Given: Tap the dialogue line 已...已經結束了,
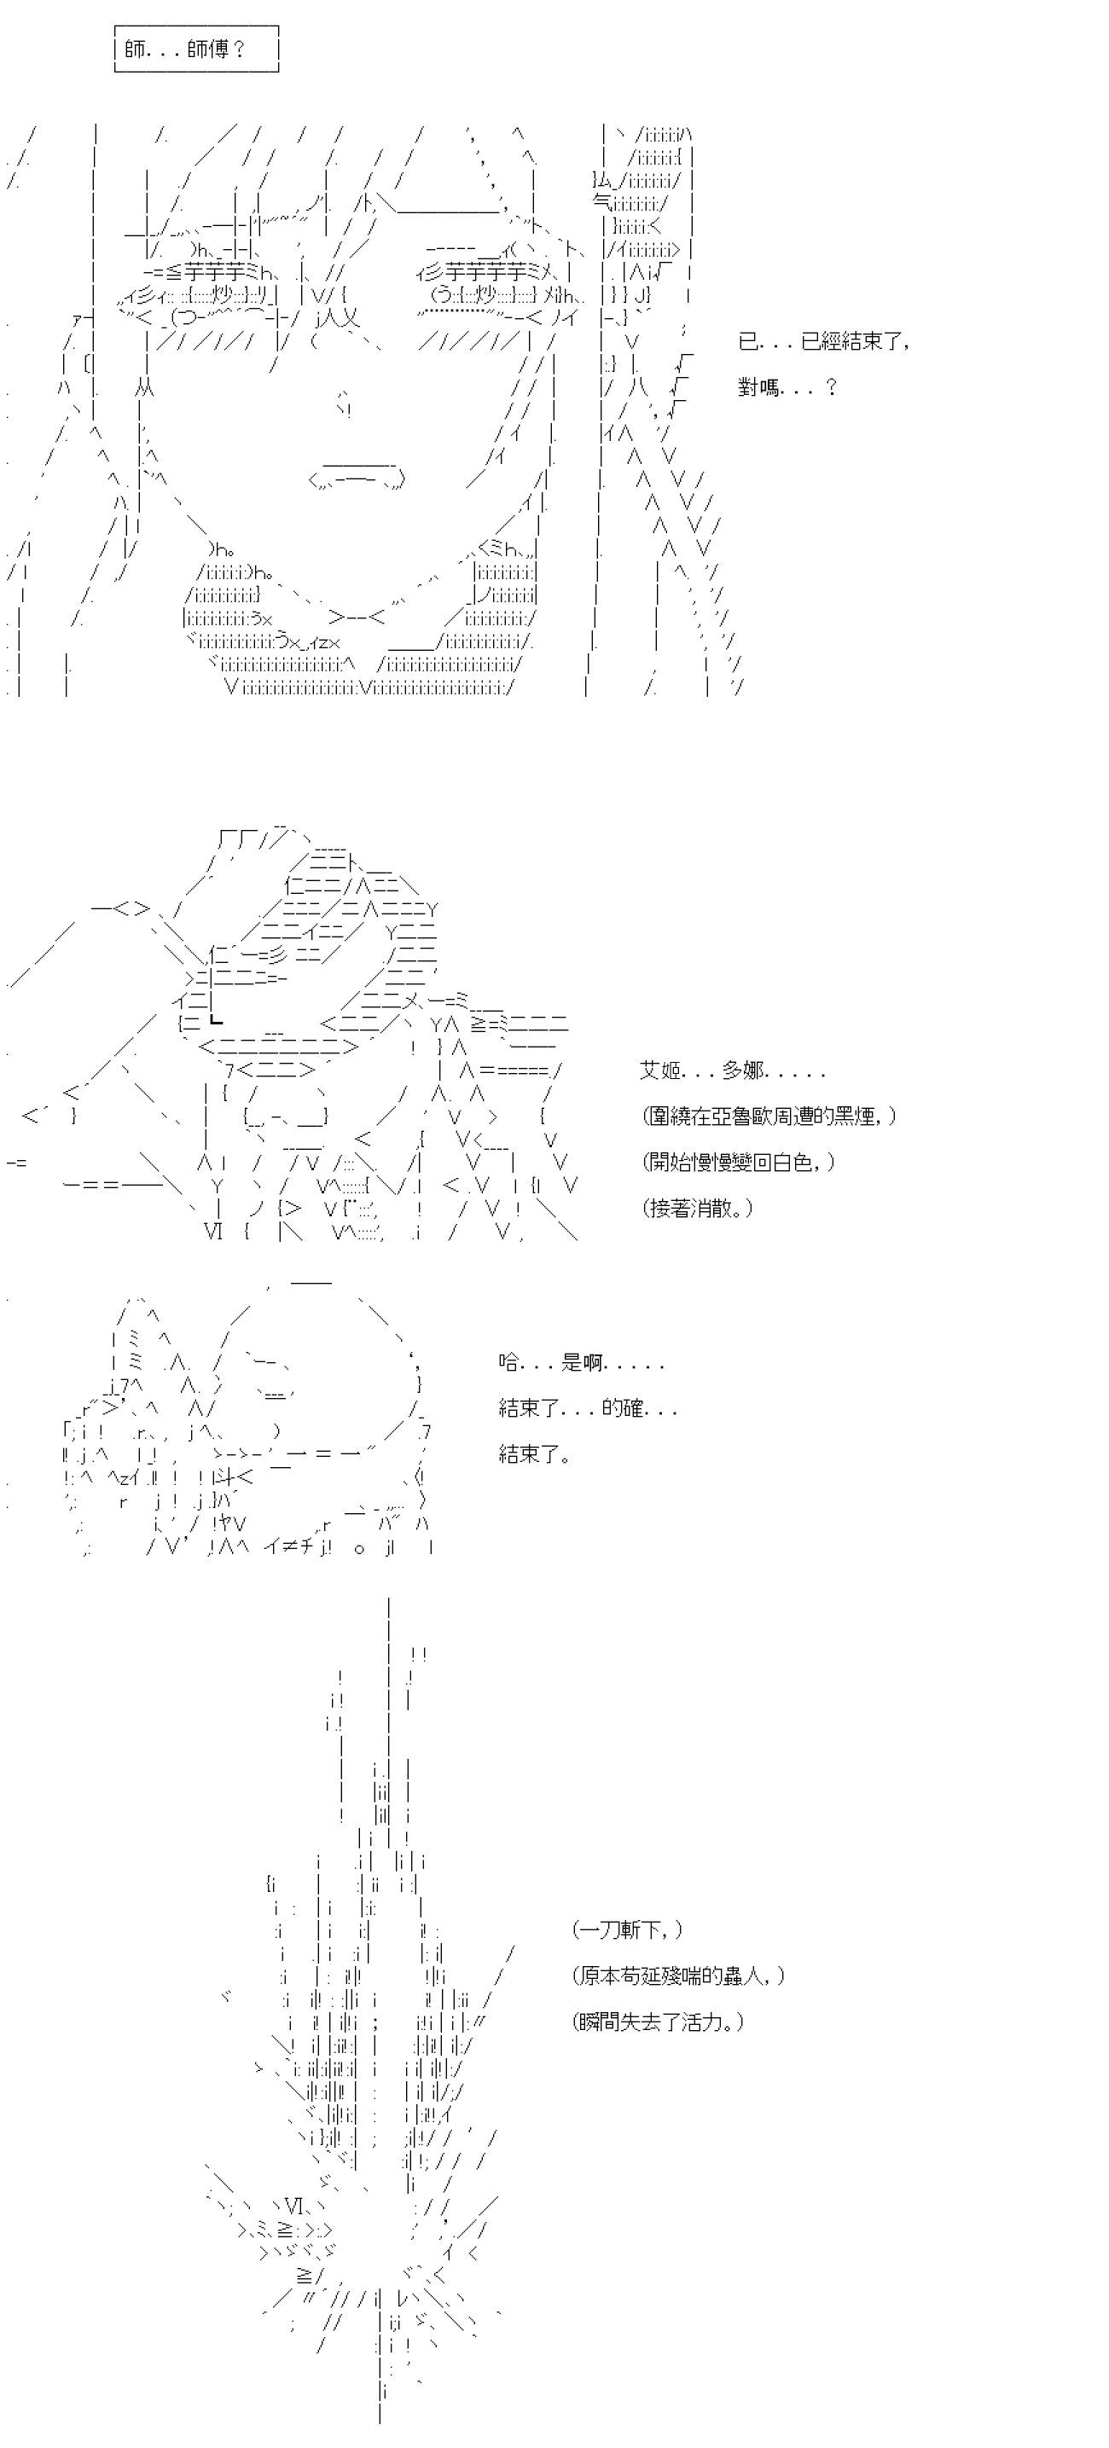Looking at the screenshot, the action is [x=824, y=341].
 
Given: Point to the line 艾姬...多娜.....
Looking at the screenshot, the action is [x=733, y=1071].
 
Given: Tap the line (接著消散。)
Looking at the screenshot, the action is [x=698, y=1208].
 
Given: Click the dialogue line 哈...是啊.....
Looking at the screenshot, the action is [x=582, y=1363].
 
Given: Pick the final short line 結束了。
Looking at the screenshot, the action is [x=534, y=1453].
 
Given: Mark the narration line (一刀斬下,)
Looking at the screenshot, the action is [x=627, y=1930].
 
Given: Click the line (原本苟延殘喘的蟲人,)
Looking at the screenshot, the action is [x=679, y=1975].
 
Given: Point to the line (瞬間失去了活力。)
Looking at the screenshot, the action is [x=659, y=2022].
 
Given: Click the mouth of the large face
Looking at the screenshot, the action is [x=357, y=474].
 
